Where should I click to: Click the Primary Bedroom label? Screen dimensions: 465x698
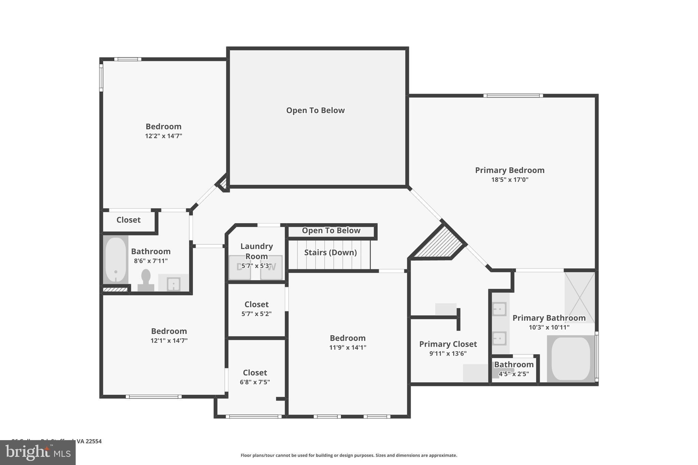point(510,170)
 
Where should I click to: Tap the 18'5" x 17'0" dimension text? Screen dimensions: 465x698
point(510,180)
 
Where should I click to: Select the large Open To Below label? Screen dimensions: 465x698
point(315,110)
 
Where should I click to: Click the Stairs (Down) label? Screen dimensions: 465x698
point(330,252)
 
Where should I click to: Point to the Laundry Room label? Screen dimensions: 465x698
point(257,251)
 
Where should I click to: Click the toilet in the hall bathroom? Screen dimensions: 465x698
point(146,279)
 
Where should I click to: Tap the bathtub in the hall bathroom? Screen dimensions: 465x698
point(116,260)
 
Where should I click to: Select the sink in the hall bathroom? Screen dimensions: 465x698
point(173,284)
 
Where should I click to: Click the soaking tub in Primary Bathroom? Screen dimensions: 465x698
point(571,358)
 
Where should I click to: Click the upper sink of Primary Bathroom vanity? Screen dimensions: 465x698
point(499,309)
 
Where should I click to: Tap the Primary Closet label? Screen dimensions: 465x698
point(448,344)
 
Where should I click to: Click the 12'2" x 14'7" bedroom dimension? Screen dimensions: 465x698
point(164,136)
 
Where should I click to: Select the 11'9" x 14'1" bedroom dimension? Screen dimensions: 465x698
point(348,347)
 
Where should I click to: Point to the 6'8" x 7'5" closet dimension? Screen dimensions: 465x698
point(255,382)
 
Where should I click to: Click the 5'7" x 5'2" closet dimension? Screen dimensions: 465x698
point(256,314)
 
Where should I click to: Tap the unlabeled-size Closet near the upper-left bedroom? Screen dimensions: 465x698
point(128,220)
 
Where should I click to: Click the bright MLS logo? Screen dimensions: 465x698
point(38,452)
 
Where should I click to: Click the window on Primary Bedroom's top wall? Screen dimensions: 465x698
point(513,96)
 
